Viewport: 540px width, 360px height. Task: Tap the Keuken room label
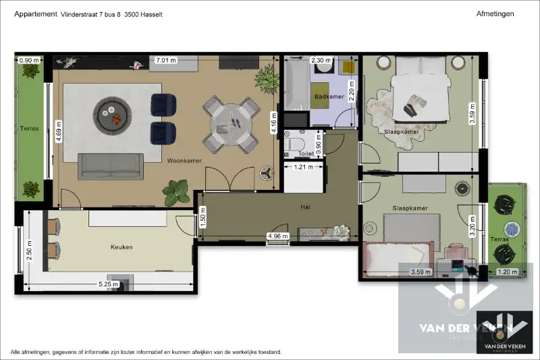pyautogui.click(x=122, y=247)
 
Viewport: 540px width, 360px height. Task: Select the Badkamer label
pyautogui.click(x=329, y=97)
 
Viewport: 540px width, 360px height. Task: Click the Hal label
pyautogui.click(x=305, y=207)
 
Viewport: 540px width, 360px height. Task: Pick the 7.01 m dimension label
pyautogui.click(x=165, y=60)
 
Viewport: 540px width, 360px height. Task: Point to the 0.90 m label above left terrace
pyautogui.click(x=29, y=60)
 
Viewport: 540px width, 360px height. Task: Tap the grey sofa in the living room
pyautogui.click(x=111, y=165)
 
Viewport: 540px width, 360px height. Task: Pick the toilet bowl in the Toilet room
pyautogui.click(x=295, y=143)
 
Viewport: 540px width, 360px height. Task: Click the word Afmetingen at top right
pyautogui.click(x=495, y=14)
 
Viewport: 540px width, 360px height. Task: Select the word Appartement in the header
pyautogui.click(x=34, y=14)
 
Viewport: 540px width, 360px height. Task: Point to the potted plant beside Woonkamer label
pyautogui.click(x=177, y=191)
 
